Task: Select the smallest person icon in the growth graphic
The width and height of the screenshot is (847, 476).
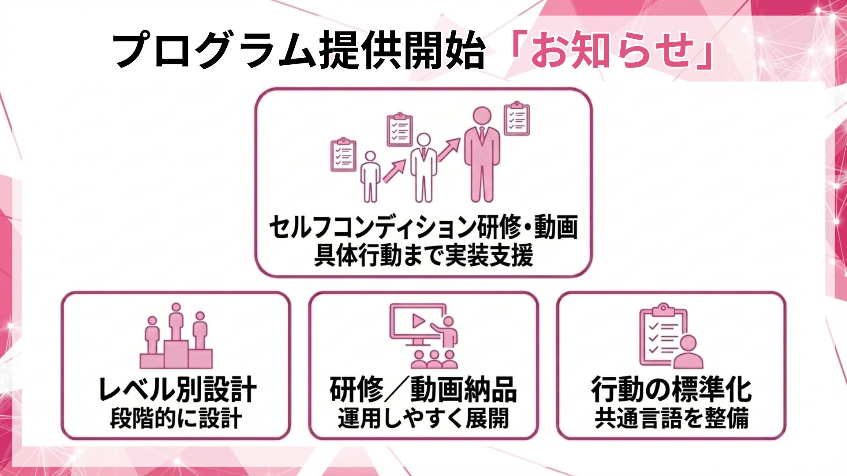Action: click(370, 176)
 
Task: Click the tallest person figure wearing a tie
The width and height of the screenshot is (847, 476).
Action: click(482, 154)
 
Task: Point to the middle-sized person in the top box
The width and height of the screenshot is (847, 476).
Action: click(423, 167)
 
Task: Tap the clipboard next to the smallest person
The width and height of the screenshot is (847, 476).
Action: click(343, 155)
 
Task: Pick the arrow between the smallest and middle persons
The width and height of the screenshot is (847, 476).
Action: click(394, 171)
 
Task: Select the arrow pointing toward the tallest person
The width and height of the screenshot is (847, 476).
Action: click(449, 150)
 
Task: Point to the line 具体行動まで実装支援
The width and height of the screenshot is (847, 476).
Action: click(423, 255)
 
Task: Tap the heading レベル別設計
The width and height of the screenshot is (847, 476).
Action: click(176, 389)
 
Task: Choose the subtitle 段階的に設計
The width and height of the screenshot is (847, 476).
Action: click(176, 418)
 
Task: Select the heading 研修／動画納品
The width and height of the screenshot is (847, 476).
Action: click(423, 390)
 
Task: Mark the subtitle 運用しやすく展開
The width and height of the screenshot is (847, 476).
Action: click(423, 418)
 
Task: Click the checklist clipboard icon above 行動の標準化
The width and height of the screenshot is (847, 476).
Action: click(671, 336)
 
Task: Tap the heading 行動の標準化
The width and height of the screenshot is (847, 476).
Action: click(671, 390)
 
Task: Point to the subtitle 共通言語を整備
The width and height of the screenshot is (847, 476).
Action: click(671, 418)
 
